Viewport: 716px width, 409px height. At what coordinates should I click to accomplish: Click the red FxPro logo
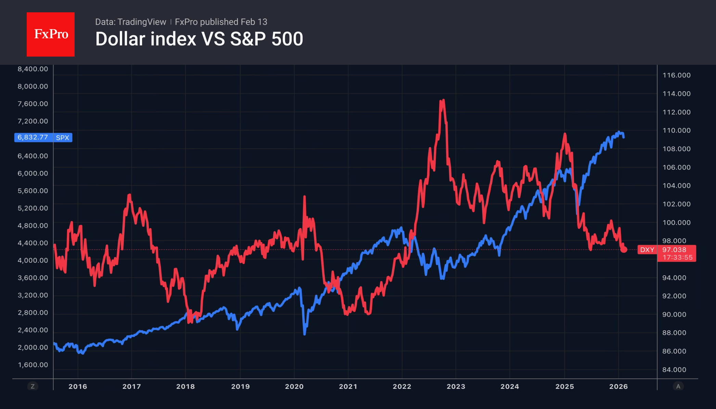51,34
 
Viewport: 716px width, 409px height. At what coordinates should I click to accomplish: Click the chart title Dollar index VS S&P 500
199,39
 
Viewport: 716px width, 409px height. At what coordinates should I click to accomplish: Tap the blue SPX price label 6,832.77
33,137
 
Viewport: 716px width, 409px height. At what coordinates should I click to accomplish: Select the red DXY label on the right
647,250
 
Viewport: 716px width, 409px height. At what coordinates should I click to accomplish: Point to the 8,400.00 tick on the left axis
33,69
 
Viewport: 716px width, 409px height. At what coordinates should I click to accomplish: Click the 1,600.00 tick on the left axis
33,365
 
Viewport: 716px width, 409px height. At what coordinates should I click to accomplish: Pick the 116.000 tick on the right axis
676,75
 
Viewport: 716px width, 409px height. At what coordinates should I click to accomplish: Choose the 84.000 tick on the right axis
674,370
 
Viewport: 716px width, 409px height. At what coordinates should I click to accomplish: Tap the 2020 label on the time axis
294,386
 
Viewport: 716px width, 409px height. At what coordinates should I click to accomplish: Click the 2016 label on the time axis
78,386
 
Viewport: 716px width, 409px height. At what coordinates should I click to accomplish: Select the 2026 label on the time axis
618,386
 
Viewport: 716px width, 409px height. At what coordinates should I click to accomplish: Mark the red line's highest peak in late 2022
443,100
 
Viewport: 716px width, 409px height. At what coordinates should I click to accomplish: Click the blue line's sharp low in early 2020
305,333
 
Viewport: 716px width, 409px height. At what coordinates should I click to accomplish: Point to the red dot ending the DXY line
624,250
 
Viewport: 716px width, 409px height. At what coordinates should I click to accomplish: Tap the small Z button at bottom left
33,386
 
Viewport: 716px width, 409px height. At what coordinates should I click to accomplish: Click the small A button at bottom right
678,386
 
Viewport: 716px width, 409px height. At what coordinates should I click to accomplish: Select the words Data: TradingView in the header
130,22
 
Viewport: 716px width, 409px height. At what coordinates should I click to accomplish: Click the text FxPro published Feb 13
221,22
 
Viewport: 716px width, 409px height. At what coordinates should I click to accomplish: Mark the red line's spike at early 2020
304,197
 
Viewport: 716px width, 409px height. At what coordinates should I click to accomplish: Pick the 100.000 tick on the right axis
676,223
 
